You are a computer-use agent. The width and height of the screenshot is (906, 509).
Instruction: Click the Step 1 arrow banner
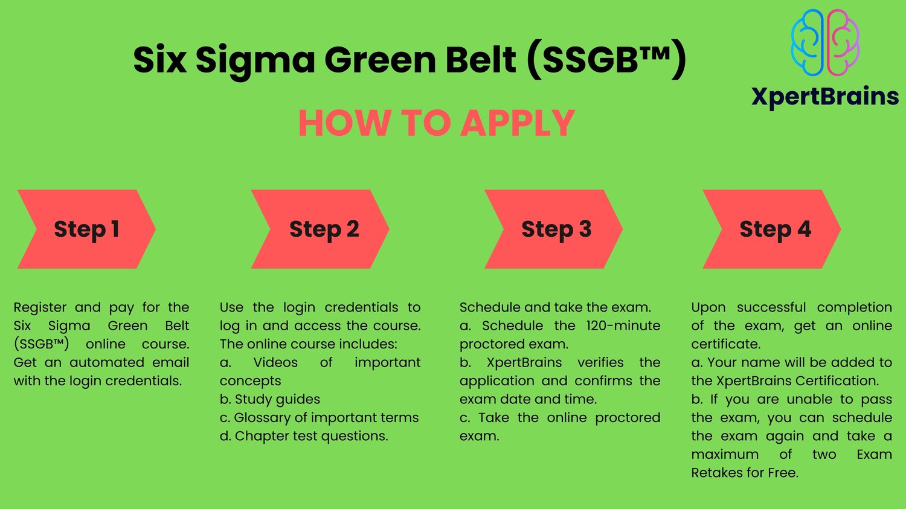(x=86, y=229)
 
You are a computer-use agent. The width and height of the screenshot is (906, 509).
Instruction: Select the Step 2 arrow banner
(x=321, y=229)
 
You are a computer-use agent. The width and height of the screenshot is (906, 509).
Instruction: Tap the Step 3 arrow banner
(x=554, y=229)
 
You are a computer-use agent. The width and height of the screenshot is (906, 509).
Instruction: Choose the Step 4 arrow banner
(x=773, y=229)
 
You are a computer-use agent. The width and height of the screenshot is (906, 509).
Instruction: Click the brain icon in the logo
(x=825, y=43)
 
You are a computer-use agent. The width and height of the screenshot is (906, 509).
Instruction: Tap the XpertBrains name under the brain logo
(x=825, y=97)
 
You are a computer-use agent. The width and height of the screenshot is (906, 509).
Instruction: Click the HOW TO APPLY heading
(x=436, y=123)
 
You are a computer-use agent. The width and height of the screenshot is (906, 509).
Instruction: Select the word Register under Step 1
(x=40, y=308)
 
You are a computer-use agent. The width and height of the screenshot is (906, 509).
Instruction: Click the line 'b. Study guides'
(x=270, y=400)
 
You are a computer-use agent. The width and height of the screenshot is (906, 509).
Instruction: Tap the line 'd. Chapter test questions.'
(x=304, y=437)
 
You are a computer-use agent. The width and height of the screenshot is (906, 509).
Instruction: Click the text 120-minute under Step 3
(x=623, y=326)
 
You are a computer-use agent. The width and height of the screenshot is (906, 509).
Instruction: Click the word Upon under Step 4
(x=708, y=308)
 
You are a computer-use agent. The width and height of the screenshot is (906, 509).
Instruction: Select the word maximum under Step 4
(x=725, y=455)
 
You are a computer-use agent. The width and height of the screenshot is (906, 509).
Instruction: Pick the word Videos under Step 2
(x=275, y=363)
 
